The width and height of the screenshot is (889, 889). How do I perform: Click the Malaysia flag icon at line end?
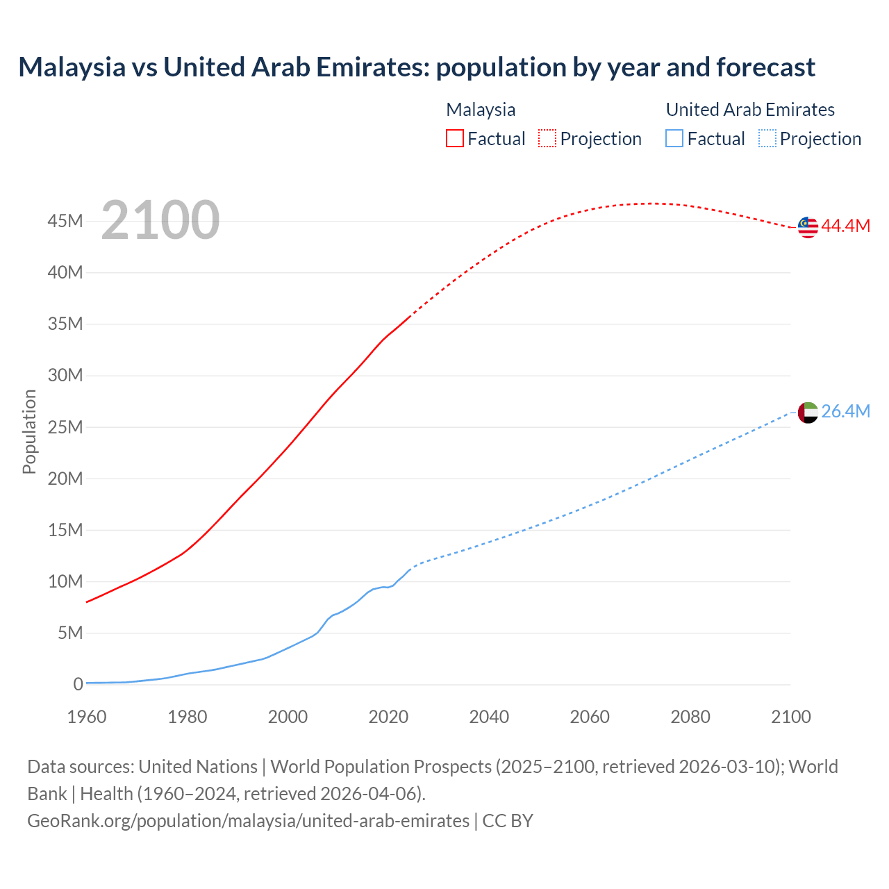(x=808, y=227)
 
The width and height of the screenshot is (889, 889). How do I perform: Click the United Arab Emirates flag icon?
(x=808, y=413)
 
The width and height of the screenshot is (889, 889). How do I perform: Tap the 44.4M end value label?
(x=845, y=226)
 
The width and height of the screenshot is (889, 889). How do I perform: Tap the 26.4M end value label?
(x=845, y=411)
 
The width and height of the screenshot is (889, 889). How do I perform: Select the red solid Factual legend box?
(x=455, y=138)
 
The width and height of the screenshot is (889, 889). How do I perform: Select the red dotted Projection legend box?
(x=547, y=138)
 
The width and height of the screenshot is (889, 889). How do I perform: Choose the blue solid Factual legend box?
(x=674, y=138)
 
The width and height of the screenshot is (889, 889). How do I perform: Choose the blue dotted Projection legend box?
(x=767, y=138)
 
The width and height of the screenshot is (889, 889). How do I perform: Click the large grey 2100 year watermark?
(x=160, y=220)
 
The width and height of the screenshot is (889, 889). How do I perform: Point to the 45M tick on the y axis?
(x=65, y=221)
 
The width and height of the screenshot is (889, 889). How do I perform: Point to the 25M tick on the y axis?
(x=65, y=427)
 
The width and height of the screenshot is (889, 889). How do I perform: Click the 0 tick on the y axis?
(x=78, y=684)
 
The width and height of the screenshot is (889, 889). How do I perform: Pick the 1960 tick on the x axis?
(x=87, y=716)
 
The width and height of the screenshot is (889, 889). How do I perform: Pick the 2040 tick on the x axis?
(x=489, y=716)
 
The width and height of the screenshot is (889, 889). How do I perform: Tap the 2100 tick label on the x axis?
(x=790, y=716)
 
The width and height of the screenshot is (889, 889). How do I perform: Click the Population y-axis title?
(x=29, y=431)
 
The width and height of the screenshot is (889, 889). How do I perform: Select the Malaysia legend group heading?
(x=481, y=110)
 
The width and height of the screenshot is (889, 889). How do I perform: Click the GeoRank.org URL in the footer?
(x=248, y=820)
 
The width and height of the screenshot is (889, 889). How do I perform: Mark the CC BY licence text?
(x=508, y=820)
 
